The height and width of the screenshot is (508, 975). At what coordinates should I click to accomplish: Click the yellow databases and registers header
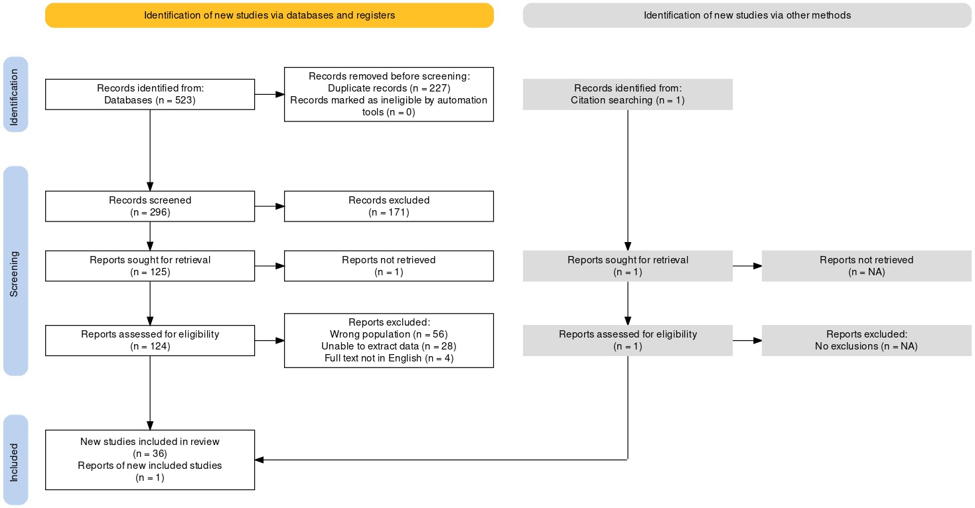pyautogui.click(x=269, y=15)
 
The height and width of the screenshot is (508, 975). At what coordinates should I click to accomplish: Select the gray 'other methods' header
pyautogui.click(x=747, y=15)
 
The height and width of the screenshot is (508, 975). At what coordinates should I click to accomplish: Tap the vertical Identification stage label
pyautogui.click(x=15, y=94)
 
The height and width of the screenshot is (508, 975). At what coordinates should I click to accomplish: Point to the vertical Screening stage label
pyautogui.click(x=15, y=271)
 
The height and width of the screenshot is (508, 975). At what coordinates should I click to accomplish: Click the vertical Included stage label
pyautogui.click(x=15, y=460)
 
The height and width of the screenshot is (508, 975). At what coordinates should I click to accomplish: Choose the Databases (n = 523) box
pyautogui.click(x=150, y=94)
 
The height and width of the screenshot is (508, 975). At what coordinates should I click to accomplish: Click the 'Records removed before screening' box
pyautogui.click(x=389, y=94)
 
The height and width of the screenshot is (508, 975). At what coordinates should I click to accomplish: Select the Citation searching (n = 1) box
pyautogui.click(x=628, y=94)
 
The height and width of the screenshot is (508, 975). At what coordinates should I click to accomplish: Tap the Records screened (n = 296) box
pyautogui.click(x=150, y=206)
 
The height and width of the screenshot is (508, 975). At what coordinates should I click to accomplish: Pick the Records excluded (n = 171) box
pyautogui.click(x=389, y=206)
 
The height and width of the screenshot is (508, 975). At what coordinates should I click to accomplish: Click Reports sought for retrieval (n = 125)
pyautogui.click(x=150, y=266)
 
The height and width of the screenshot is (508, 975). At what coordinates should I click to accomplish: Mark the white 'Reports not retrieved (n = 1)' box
pyautogui.click(x=389, y=266)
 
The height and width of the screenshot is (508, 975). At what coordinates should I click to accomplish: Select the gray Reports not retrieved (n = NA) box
pyautogui.click(x=867, y=266)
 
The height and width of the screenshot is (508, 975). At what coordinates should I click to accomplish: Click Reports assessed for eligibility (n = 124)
pyautogui.click(x=150, y=341)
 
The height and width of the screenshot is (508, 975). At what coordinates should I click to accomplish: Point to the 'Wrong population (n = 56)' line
pyautogui.click(x=389, y=334)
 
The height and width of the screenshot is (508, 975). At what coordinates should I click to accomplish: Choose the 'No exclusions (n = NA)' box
pyautogui.click(x=867, y=341)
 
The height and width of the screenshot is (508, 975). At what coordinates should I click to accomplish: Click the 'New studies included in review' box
pyautogui.click(x=150, y=460)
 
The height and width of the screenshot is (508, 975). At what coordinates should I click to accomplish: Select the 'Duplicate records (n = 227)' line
pyautogui.click(x=389, y=88)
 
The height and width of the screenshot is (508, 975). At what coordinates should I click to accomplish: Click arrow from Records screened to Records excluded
pyautogui.click(x=269, y=206)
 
